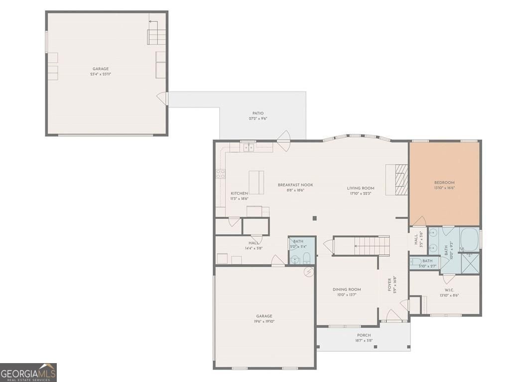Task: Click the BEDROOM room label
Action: [x=444, y=183]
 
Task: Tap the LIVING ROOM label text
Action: [x=361, y=188]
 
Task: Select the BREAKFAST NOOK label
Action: [x=295, y=185]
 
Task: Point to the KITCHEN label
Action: [x=239, y=193]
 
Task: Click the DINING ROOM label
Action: [x=347, y=289]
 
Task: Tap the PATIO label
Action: [x=257, y=113]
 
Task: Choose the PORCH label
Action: [x=364, y=335]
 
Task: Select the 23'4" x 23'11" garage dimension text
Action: [x=100, y=74]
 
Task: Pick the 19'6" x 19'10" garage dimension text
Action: [x=264, y=321]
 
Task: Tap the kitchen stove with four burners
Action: [x=220, y=174]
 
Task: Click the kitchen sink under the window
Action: [x=248, y=147]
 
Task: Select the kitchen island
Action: [x=256, y=182]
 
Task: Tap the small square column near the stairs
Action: [x=314, y=218]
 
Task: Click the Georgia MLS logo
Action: [x=28, y=372]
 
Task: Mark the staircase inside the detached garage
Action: [x=155, y=34]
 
